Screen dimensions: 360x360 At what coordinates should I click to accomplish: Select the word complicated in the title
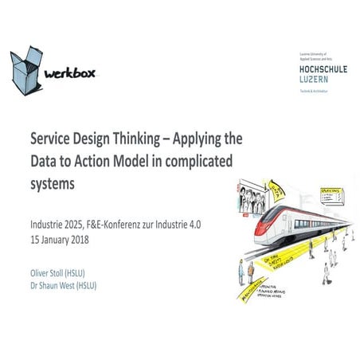pos(196,159)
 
